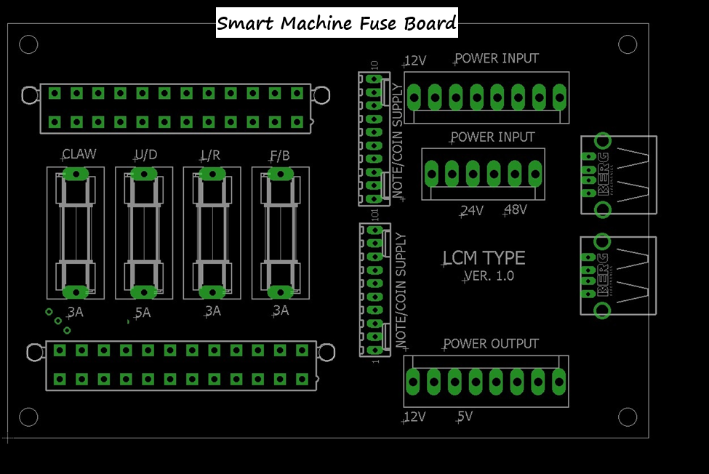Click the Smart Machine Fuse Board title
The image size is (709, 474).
click(337, 23)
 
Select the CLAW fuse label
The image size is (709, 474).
click(79, 154)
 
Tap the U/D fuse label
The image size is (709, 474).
click(146, 154)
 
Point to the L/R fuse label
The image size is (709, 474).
click(211, 154)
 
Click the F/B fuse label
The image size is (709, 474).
click(280, 154)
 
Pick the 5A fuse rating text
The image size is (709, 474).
click(143, 313)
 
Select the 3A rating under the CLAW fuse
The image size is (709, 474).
click(76, 313)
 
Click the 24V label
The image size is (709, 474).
click(472, 211)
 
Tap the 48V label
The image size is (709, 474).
click(516, 210)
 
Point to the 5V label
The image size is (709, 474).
click(465, 417)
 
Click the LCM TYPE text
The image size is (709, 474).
click(484, 258)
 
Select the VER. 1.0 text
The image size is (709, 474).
click(489, 276)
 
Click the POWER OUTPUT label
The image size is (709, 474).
click(491, 343)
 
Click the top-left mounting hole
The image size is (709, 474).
click(28, 44)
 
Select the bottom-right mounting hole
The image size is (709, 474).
click(628, 417)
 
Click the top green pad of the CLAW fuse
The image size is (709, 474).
click(76, 173)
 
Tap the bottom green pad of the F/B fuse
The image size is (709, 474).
click(280, 292)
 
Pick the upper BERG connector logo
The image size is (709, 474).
click(603, 174)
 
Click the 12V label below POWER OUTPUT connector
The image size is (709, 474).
click(414, 417)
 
